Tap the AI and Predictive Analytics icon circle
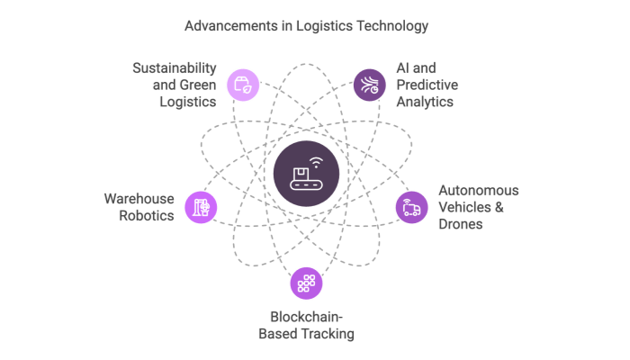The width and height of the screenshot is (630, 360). [x=367, y=85]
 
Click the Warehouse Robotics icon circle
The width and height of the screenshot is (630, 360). [x=201, y=207]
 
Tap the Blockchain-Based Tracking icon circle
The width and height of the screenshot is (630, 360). [x=306, y=283]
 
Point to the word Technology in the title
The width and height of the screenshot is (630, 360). [x=390, y=26]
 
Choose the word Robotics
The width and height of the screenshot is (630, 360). [x=146, y=215]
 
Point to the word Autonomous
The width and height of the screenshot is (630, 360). [x=478, y=191]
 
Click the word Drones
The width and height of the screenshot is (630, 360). [x=461, y=223]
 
